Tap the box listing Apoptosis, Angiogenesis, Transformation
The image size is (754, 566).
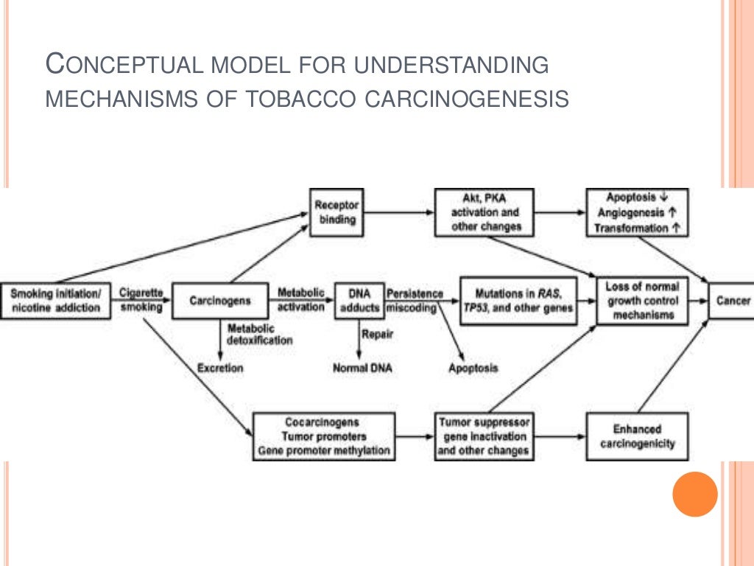[x=637, y=212]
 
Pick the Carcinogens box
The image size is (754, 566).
[x=219, y=300]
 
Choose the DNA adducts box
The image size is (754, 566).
[x=359, y=300]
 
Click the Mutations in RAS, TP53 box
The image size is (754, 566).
[x=518, y=300]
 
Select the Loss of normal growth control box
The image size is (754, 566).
[x=641, y=300]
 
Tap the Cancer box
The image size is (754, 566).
[x=733, y=300]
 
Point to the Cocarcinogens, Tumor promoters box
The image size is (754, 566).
[x=323, y=436]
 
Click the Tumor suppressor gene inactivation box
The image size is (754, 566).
[x=483, y=436]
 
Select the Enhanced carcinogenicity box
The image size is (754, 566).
[x=637, y=436]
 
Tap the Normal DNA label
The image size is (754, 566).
[x=362, y=367]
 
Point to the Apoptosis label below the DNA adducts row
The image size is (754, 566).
[x=473, y=367]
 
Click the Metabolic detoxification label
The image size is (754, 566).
[x=259, y=334]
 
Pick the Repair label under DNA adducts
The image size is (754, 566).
[x=377, y=333]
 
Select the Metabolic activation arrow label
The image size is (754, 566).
[x=300, y=299]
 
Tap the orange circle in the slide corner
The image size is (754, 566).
[x=694, y=494]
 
